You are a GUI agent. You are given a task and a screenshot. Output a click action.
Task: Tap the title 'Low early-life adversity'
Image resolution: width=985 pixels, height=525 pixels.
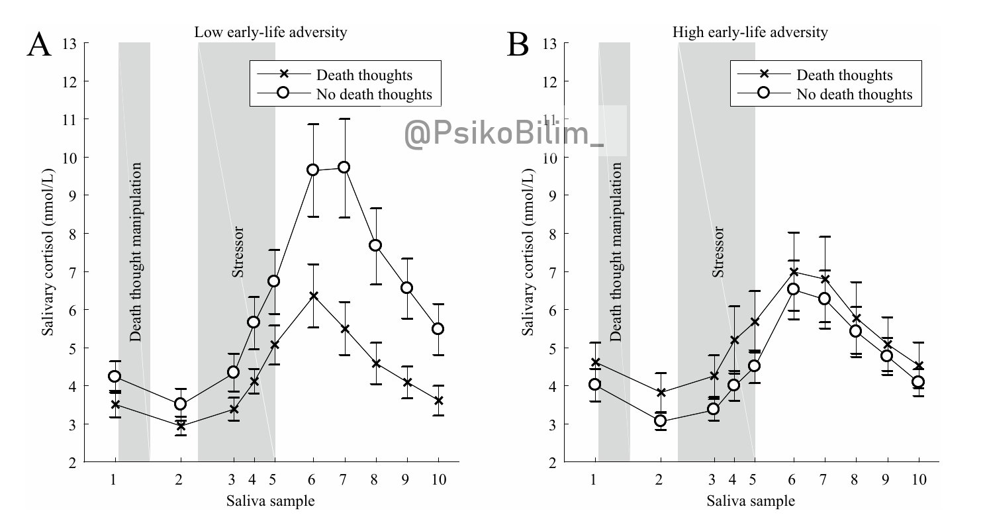(x=270, y=32)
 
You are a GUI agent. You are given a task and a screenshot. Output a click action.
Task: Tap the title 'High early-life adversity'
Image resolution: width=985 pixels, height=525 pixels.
(x=750, y=32)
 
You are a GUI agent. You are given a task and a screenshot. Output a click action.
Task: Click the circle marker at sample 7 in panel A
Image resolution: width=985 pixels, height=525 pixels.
(x=344, y=167)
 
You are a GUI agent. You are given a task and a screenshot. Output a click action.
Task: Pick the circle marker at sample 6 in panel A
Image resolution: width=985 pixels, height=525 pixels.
(x=313, y=169)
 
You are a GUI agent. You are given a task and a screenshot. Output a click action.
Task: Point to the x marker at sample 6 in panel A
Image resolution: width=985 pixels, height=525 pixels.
(x=313, y=295)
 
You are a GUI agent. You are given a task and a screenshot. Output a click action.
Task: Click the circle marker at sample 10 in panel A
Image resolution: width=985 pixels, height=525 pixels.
(x=438, y=329)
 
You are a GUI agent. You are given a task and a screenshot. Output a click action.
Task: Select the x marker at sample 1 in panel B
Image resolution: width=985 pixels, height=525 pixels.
(x=594, y=362)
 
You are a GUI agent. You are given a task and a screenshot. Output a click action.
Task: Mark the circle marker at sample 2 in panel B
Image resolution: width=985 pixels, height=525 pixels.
(x=660, y=421)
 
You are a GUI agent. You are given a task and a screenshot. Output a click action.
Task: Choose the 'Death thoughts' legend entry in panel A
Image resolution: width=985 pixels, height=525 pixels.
(x=374, y=75)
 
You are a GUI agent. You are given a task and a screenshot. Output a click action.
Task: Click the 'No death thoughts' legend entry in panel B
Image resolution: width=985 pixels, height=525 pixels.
(x=854, y=94)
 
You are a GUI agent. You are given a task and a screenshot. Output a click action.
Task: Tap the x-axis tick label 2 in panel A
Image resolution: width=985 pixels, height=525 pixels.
(x=179, y=479)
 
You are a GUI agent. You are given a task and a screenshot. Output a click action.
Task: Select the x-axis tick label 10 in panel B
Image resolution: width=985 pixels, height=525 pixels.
(x=919, y=479)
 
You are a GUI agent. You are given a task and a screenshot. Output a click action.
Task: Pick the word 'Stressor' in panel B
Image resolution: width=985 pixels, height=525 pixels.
(x=719, y=252)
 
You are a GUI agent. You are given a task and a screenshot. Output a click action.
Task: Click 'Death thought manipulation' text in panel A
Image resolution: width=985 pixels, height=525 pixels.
(x=136, y=252)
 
